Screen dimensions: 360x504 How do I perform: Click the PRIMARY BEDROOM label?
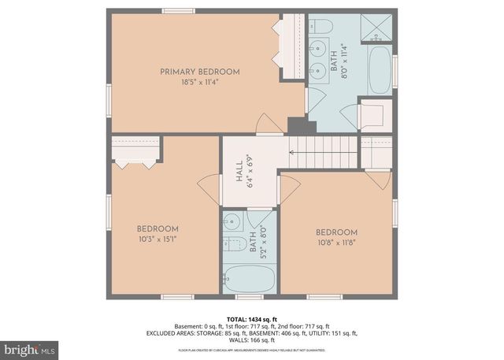coord(200,72)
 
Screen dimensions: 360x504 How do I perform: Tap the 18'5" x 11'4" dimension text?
coord(200,80)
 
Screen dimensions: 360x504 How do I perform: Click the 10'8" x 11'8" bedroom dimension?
coord(336,242)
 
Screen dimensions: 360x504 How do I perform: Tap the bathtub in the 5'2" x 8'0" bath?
coord(249,278)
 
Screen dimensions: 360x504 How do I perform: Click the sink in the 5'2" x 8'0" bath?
coord(232,220)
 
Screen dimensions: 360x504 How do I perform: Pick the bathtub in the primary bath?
coord(380,70)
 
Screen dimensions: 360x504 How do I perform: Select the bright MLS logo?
coord(30,347)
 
